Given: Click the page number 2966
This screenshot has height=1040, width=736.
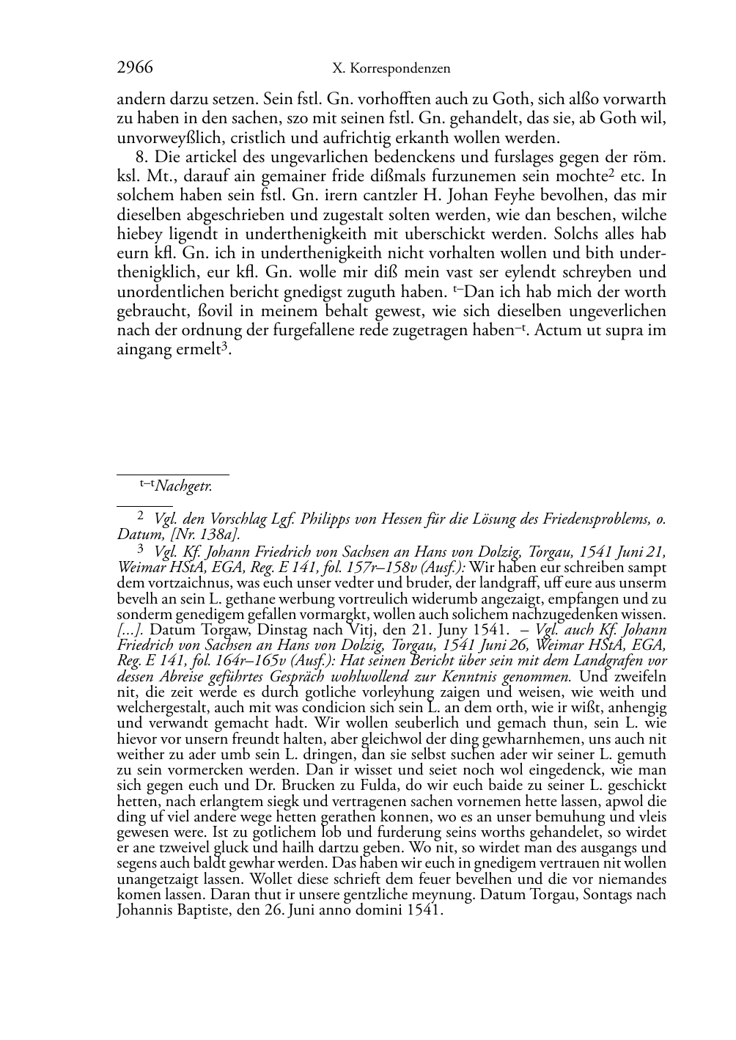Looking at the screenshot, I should click(135, 68).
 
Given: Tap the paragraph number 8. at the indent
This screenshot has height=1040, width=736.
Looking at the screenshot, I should click(142, 158).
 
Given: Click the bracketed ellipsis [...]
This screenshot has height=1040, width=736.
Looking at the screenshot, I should click(131, 629).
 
